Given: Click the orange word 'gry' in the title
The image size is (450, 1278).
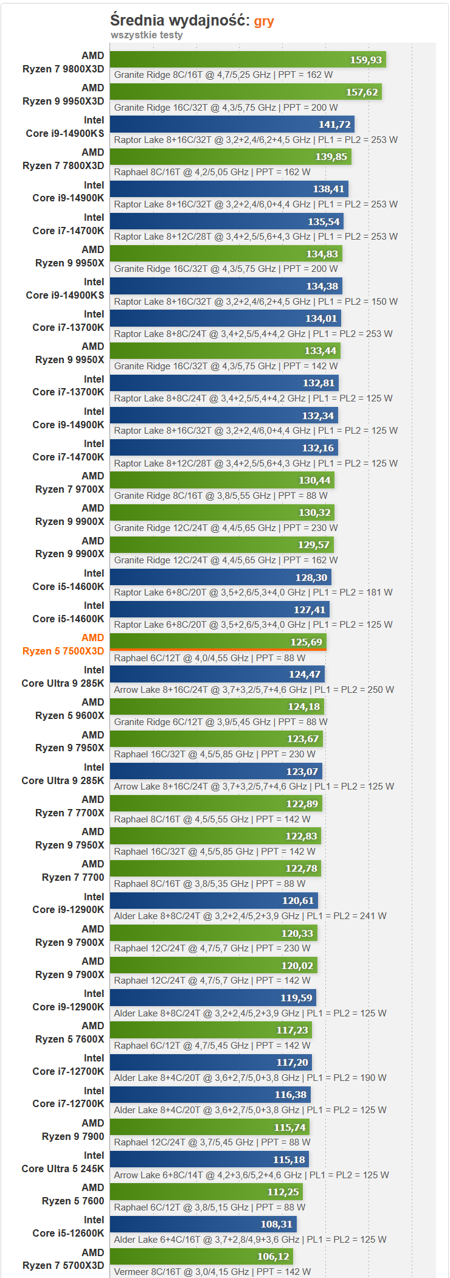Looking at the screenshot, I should click(x=264, y=21).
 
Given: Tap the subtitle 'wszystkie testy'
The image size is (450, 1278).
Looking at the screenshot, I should click(x=147, y=35).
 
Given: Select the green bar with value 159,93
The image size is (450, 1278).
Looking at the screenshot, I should click(x=247, y=60).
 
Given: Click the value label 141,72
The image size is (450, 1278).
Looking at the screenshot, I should click(x=334, y=125).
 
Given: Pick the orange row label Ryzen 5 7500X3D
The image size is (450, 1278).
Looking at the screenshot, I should click(x=63, y=651).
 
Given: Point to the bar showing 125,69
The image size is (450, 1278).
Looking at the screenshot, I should click(x=218, y=642).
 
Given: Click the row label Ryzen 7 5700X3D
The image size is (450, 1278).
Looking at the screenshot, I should click(x=63, y=1265).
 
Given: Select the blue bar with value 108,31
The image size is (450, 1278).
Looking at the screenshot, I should click(x=203, y=1224).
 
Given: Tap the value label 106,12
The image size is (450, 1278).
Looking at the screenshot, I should click(x=273, y=1257).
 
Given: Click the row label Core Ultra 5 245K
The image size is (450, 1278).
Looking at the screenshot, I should click(x=63, y=1169).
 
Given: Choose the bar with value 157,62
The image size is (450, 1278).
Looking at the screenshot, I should click(x=246, y=92).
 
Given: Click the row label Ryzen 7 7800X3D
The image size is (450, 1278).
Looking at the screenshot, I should click(x=63, y=165).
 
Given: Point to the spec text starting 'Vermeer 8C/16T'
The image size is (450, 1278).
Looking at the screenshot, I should click(x=212, y=1271).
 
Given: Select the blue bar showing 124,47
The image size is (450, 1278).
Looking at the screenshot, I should click(x=217, y=674).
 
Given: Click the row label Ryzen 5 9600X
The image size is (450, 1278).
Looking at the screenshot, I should click(x=69, y=715).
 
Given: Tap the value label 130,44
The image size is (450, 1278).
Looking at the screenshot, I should click(x=314, y=481).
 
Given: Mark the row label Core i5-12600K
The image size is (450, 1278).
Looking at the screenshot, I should click(x=68, y=1233).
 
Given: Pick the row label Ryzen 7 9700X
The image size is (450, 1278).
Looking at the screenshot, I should click(x=69, y=489).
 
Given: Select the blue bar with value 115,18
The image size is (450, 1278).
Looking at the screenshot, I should click(x=209, y=1159).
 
